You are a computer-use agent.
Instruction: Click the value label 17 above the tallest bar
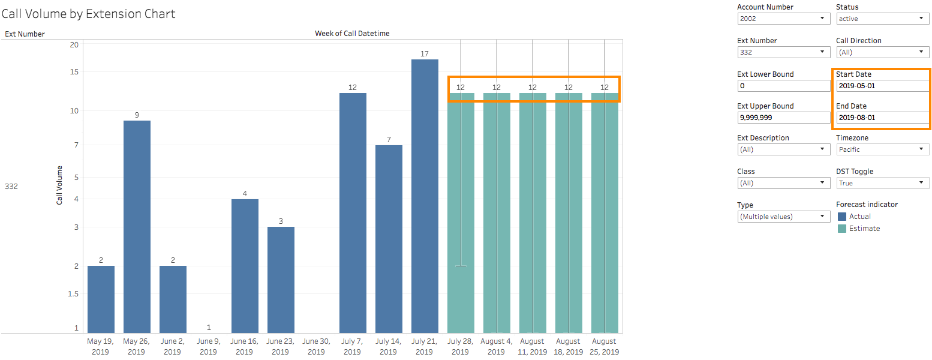pyautogui.click(x=425, y=54)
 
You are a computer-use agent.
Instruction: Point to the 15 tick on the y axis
pyautogui.click(x=74, y=72)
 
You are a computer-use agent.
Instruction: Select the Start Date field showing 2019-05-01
pyautogui.click(x=882, y=86)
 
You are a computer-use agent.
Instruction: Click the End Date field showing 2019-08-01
pyautogui.click(x=882, y=118)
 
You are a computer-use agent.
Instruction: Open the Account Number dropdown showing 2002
pyautogui.click(x=783, y=19)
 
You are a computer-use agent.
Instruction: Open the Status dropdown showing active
pyautogui.click(x=882, y=19)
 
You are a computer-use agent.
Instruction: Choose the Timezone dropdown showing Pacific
pyautogui.click(x=882, y=149)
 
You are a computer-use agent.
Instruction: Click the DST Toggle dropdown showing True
pyautogui.click(x=882, y=183)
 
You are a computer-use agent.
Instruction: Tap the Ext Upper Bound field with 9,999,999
pyautogui.click(x=783, y=118)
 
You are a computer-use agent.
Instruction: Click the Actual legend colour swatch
pyautogui.click(x=841, y=217)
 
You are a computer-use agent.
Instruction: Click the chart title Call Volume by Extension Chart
pyautogui.click(x=89, y=14)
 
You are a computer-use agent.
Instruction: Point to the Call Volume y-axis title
pyautogui.click(x=59, y=185)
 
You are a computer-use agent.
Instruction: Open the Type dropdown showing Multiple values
pyautogui.click(x=783, y=217)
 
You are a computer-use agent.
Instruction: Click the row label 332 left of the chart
pyautogui.click(x=11, y=187)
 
